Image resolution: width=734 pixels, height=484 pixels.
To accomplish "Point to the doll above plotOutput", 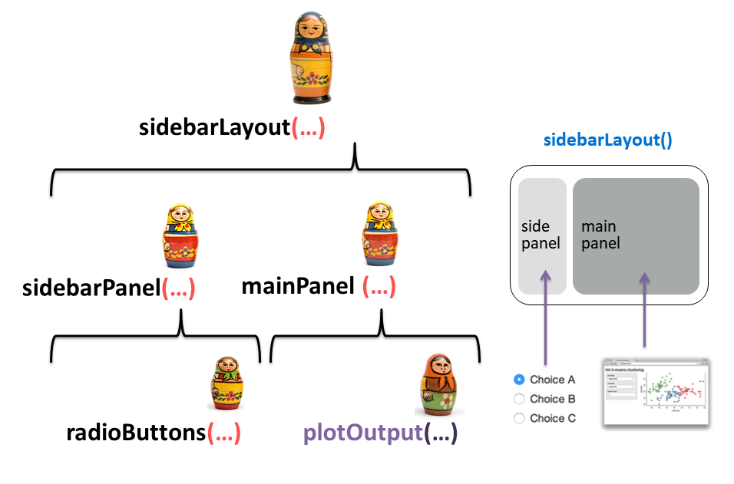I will pyautogui.click(x=436, y=384).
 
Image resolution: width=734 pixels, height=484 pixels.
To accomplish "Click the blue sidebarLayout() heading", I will pyautogui.click(x=607, y=140).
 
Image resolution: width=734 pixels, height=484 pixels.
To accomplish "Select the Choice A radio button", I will pyautogui.click(x=519, y=379).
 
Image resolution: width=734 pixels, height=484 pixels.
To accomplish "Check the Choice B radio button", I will pyautogui.click(x=519, y=399).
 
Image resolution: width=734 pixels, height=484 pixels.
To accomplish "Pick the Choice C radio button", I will pyautogui.click(x=519, y=419).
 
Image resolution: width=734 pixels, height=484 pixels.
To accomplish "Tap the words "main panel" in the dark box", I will pyautogui.click(x=600, y=235).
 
